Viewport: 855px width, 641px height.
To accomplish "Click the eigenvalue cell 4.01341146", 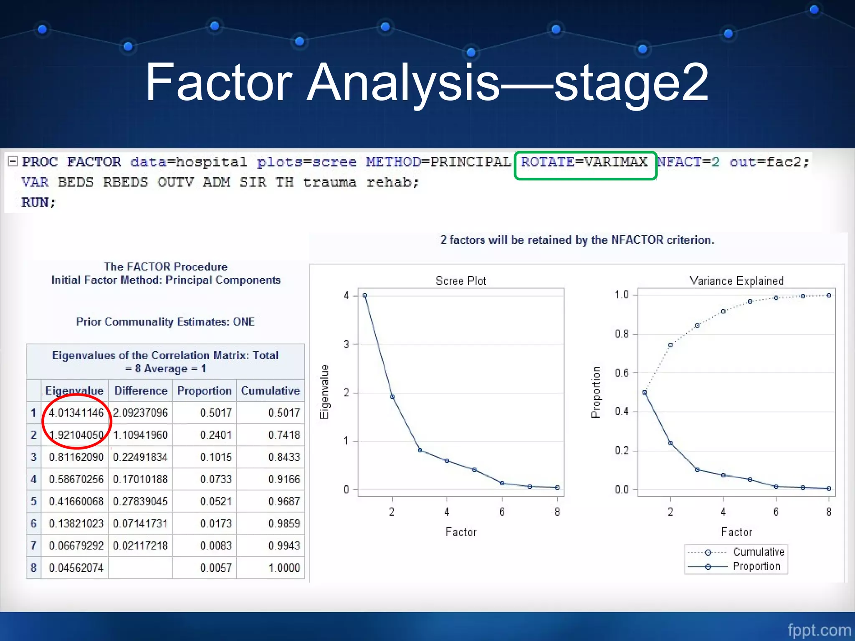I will coord(76,413).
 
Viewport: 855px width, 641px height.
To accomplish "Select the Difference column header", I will coord(141,391).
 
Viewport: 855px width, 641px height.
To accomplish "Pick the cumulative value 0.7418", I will coord(284,435).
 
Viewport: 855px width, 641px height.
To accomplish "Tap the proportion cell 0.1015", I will coord(215,457).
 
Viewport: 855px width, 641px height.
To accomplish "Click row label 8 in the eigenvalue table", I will coord(33,568).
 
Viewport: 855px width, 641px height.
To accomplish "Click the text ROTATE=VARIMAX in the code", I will coord(584,162).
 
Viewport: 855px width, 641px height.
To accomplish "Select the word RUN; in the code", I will coord(38,202).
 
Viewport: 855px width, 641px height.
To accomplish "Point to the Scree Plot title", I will coord(460,281).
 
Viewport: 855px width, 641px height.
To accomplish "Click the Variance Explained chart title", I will coord(736,281).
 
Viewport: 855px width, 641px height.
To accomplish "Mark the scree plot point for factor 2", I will coord(392,396).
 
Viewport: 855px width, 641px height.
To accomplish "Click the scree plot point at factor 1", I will coord(364,295).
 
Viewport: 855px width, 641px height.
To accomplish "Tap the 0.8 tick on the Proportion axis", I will coord(622,334).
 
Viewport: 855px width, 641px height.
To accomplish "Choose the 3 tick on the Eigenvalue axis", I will coord(347,344).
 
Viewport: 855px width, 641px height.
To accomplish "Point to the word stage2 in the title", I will coord(631,82).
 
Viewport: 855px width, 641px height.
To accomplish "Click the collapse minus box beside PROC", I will coord(13,161).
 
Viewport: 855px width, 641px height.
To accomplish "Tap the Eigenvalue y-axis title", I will coord(324,391).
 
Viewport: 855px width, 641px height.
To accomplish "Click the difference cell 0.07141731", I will coord(140,523).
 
